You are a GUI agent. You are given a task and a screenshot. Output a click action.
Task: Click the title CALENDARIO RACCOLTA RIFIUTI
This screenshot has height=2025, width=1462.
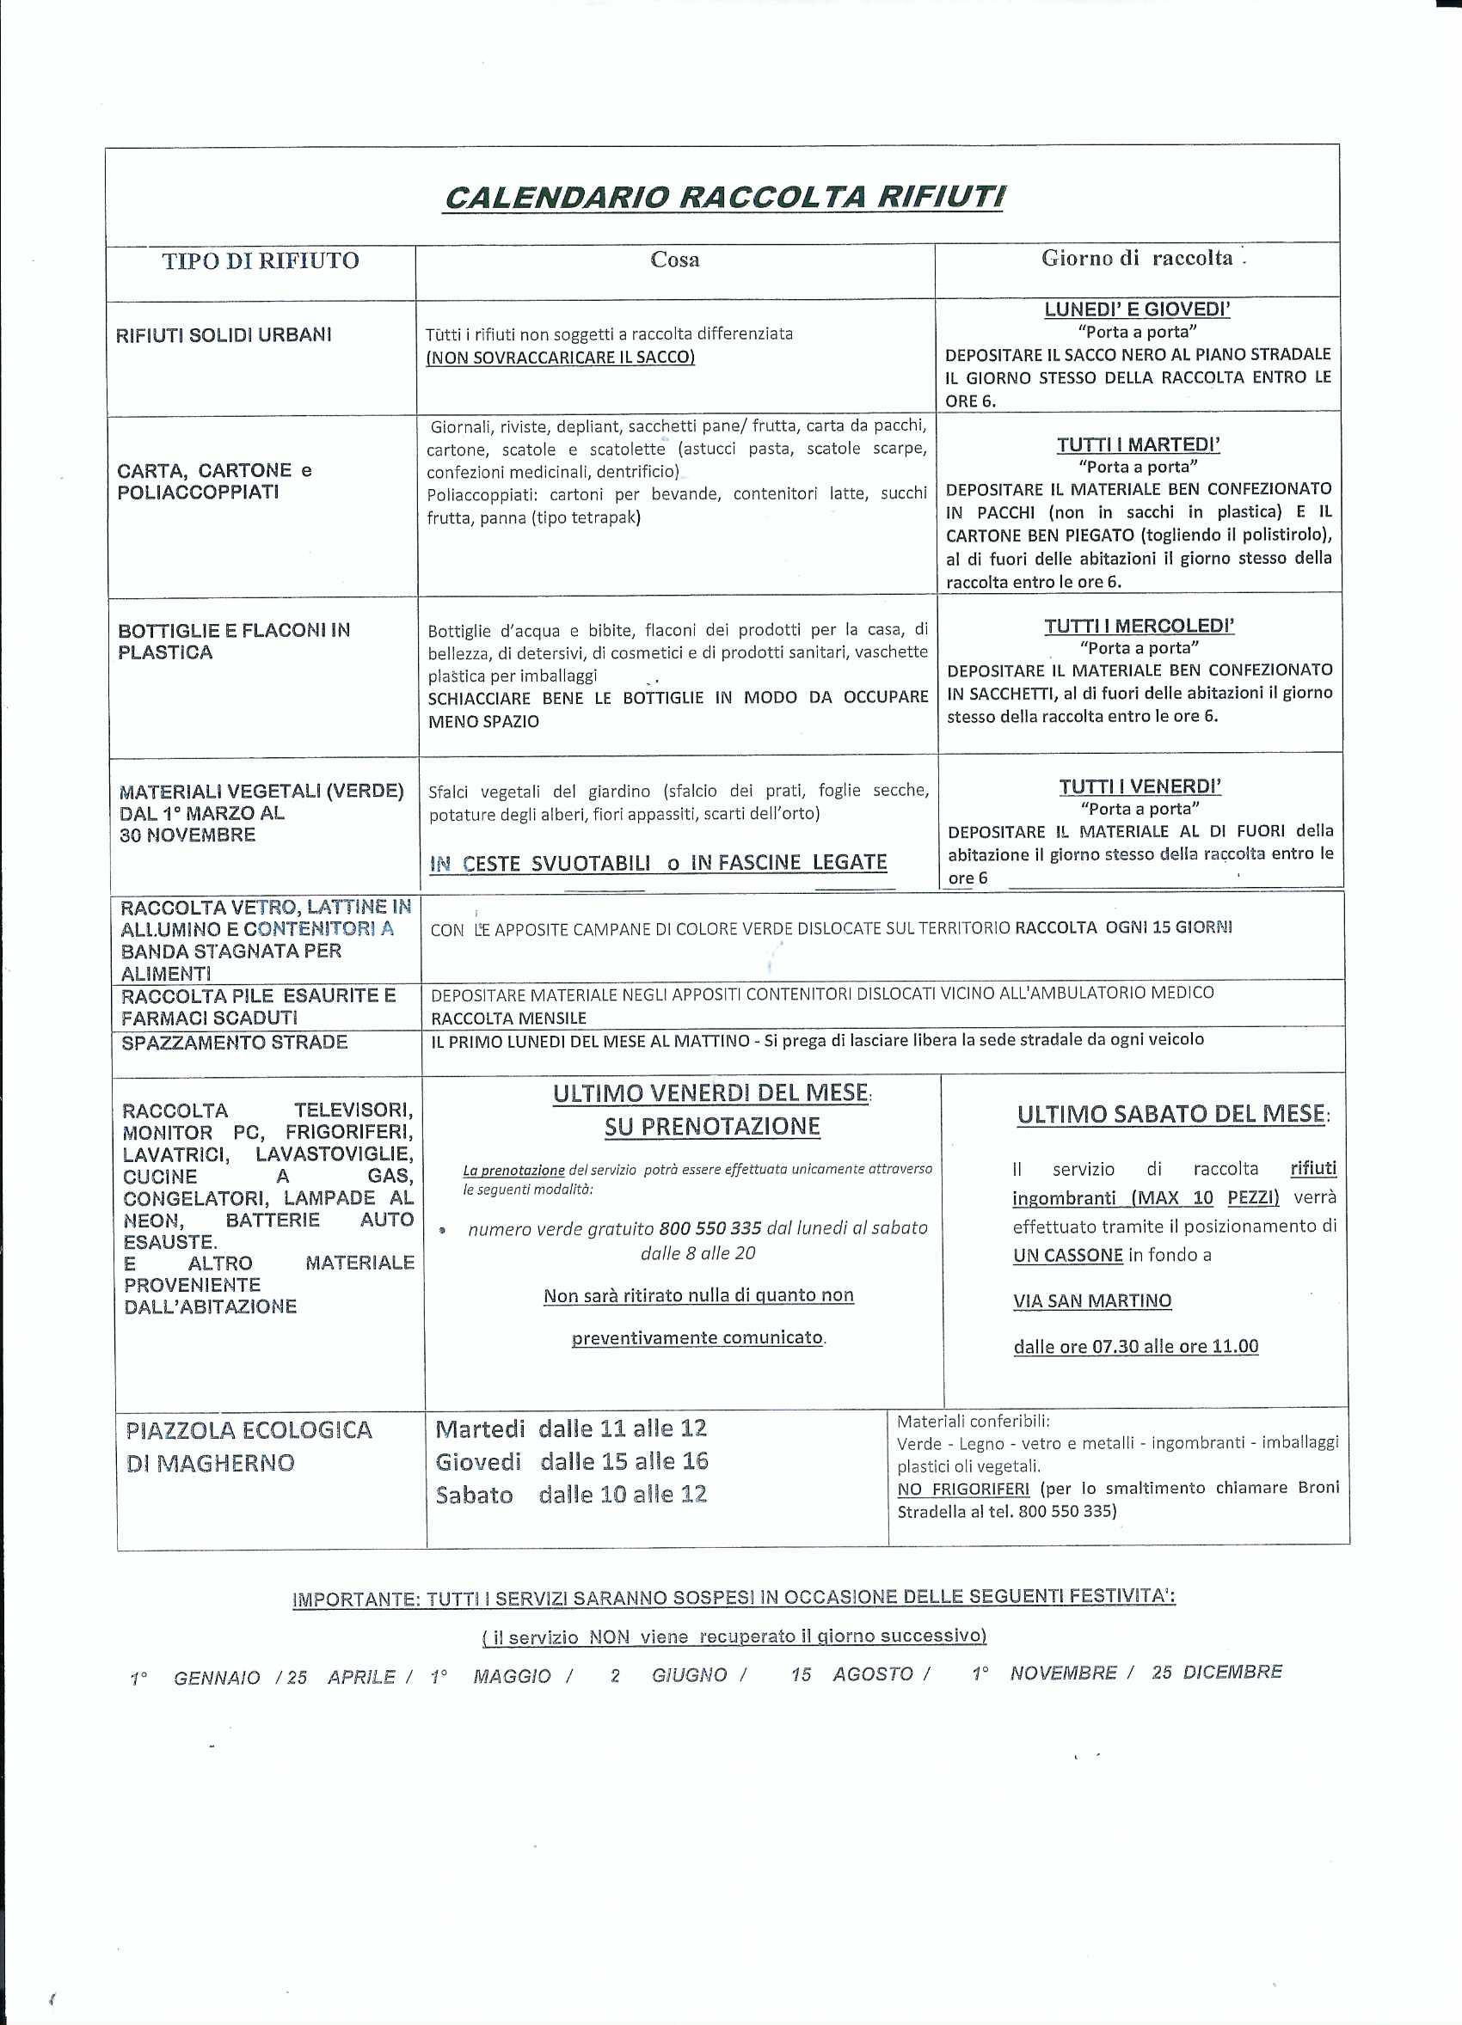click(723, 198)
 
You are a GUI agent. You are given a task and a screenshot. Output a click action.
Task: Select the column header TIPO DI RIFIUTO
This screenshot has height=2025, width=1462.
click(260, 260)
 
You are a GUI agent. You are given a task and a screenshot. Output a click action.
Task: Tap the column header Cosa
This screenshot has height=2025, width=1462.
click(674, 260)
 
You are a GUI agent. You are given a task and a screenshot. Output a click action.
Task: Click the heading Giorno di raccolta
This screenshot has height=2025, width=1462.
click(1137, 258)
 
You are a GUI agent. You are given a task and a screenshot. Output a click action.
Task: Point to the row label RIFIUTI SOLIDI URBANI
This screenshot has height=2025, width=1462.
click(224, 335)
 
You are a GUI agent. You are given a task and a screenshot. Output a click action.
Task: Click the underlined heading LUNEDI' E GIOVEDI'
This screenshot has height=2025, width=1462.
click(1137, 309)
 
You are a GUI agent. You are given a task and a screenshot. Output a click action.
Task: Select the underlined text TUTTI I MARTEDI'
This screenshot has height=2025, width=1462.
click(1138, 444)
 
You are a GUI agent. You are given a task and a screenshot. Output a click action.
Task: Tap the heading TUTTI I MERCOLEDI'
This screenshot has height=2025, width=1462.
click(1139, 626)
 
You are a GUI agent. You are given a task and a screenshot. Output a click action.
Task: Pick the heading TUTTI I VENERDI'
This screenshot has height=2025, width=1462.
click(1139, 786)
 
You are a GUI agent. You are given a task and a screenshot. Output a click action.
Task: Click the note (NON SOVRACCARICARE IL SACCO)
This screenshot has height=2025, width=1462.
click(560, 358)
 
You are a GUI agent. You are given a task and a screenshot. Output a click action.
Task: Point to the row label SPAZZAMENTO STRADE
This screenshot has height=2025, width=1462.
click(234, 1042)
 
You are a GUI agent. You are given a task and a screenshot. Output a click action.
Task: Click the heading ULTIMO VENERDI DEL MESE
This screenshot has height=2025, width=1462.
click(711, 1092)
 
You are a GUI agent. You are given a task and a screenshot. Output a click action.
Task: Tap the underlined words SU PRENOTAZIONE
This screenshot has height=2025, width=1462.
click(712, 1127)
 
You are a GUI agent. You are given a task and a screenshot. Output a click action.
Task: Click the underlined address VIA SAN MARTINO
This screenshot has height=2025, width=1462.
click(1091, 1301)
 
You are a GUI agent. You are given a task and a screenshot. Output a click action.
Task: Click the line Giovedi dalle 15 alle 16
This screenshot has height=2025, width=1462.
click(572, 1462)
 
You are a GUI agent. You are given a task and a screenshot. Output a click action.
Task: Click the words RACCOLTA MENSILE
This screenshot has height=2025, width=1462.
click(508, 1018)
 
